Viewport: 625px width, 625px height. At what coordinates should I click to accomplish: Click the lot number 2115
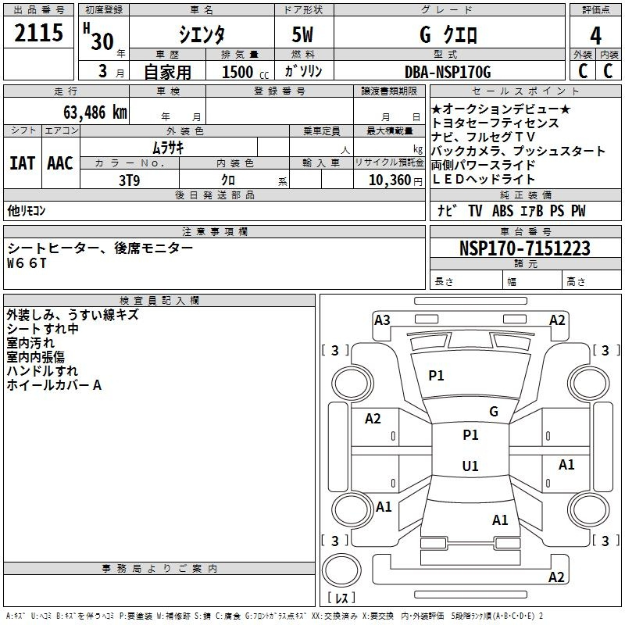38,33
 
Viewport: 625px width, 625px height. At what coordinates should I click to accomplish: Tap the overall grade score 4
595,36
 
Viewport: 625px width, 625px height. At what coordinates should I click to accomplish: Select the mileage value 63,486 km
95,112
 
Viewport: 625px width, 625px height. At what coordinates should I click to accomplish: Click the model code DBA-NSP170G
448,72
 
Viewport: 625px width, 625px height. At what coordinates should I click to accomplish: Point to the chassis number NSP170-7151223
524,248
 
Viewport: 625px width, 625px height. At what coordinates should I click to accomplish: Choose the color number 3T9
130,180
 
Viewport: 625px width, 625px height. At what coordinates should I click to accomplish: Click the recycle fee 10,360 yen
395,180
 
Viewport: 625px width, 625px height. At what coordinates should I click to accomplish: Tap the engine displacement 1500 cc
245,72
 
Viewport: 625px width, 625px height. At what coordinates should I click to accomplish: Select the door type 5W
302,34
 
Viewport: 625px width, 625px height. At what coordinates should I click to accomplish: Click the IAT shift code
22,163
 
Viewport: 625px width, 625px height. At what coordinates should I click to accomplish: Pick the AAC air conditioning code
60,163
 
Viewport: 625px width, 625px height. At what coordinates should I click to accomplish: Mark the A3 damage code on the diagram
382,320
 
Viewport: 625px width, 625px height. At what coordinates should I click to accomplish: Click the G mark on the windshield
494,412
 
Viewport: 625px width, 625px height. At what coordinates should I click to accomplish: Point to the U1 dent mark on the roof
470,466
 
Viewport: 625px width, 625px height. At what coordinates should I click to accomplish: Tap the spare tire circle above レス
341,570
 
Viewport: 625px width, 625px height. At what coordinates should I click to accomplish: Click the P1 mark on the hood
436,376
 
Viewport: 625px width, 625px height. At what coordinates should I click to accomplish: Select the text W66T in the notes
27,263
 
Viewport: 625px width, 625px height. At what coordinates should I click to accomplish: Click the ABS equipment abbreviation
502,211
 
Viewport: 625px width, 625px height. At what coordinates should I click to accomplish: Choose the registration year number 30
102,41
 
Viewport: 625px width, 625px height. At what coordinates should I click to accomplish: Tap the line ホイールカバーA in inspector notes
54,385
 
